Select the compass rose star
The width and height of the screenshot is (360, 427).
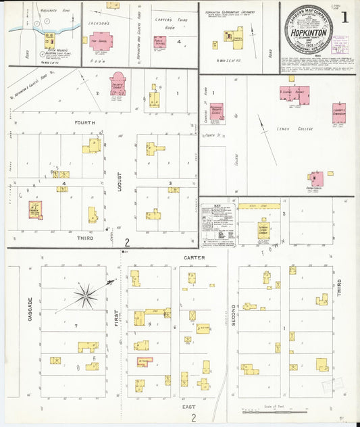click(86, 294)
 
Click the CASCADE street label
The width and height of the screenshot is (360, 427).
click(30, 309)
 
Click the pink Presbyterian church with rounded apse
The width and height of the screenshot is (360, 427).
click(118, 84)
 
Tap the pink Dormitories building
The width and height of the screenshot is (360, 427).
click(316, 178)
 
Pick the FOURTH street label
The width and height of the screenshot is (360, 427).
click(86, 123)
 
